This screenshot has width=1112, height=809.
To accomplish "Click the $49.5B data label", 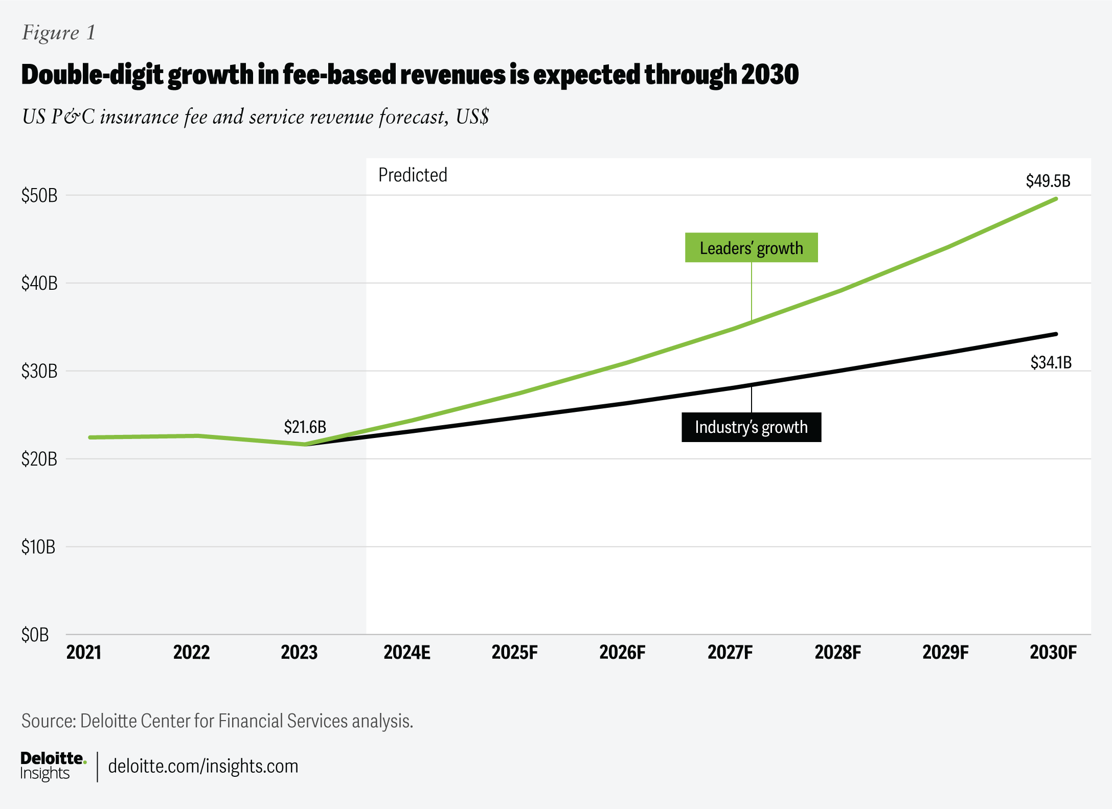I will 1048,181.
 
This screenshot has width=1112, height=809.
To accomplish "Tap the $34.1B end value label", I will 1051,362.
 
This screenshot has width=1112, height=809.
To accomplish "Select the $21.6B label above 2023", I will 305,427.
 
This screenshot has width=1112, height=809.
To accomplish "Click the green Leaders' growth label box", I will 751,248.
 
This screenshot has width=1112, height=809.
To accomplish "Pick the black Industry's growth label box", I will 751,427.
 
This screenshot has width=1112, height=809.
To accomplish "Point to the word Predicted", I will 413,175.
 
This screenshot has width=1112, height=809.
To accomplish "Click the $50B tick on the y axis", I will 39,195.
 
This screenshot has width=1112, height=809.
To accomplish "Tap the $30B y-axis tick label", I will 39,371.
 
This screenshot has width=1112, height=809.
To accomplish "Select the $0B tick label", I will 35,635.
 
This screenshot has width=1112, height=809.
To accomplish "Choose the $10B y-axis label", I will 38,547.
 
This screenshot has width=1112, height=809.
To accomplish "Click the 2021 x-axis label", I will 84,653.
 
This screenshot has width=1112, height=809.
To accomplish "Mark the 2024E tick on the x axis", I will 407,653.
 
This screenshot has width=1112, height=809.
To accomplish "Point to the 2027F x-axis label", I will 730,653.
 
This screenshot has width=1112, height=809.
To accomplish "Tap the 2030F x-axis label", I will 1053,653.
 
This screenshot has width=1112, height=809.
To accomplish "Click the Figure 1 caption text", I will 59,33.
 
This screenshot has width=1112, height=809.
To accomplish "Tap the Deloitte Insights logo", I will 53,766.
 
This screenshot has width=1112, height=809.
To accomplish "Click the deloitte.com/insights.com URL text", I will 203,766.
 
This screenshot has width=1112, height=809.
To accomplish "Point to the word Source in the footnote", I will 48,721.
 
